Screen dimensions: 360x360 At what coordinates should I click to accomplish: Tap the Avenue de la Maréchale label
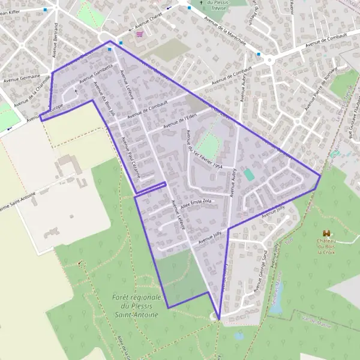(227, 29)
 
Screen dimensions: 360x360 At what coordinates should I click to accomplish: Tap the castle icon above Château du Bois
(326, 233)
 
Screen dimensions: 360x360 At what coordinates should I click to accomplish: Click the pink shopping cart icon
(140, 35)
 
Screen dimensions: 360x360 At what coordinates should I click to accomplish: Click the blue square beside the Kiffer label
(46, 10)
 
